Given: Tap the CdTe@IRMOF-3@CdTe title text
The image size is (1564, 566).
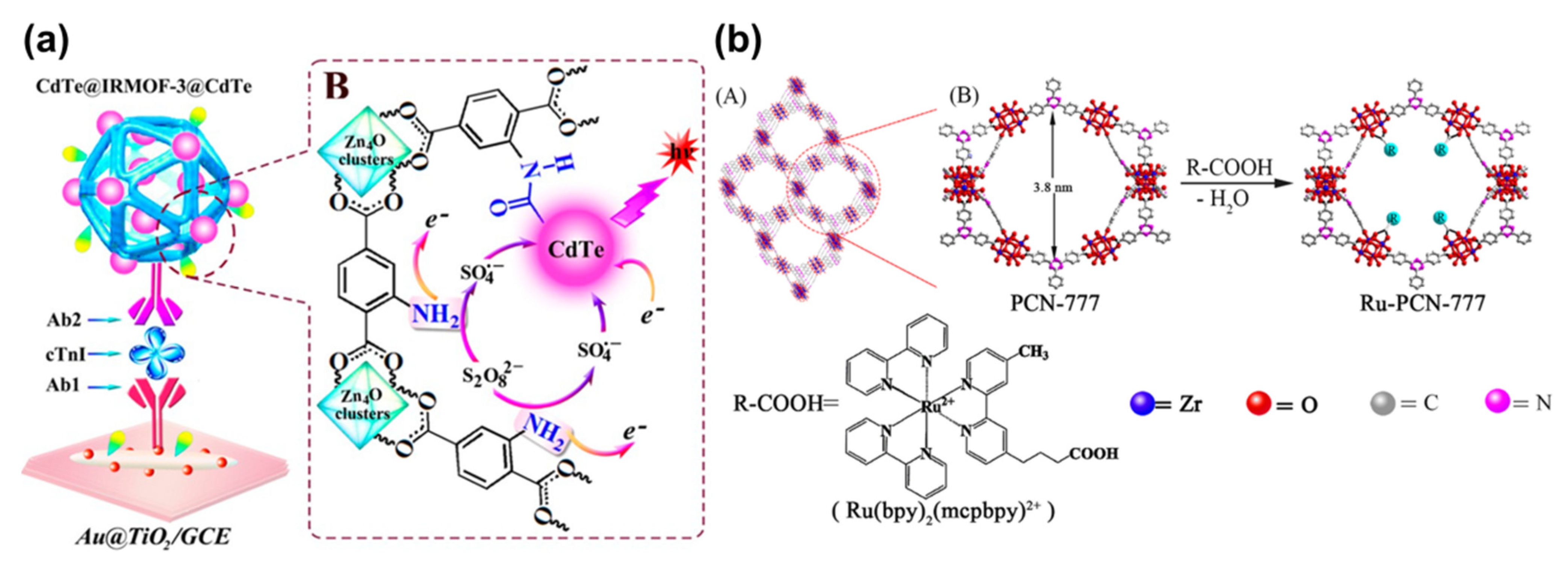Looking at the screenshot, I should coord(144,86).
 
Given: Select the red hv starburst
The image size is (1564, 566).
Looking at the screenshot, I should coord(678,152).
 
